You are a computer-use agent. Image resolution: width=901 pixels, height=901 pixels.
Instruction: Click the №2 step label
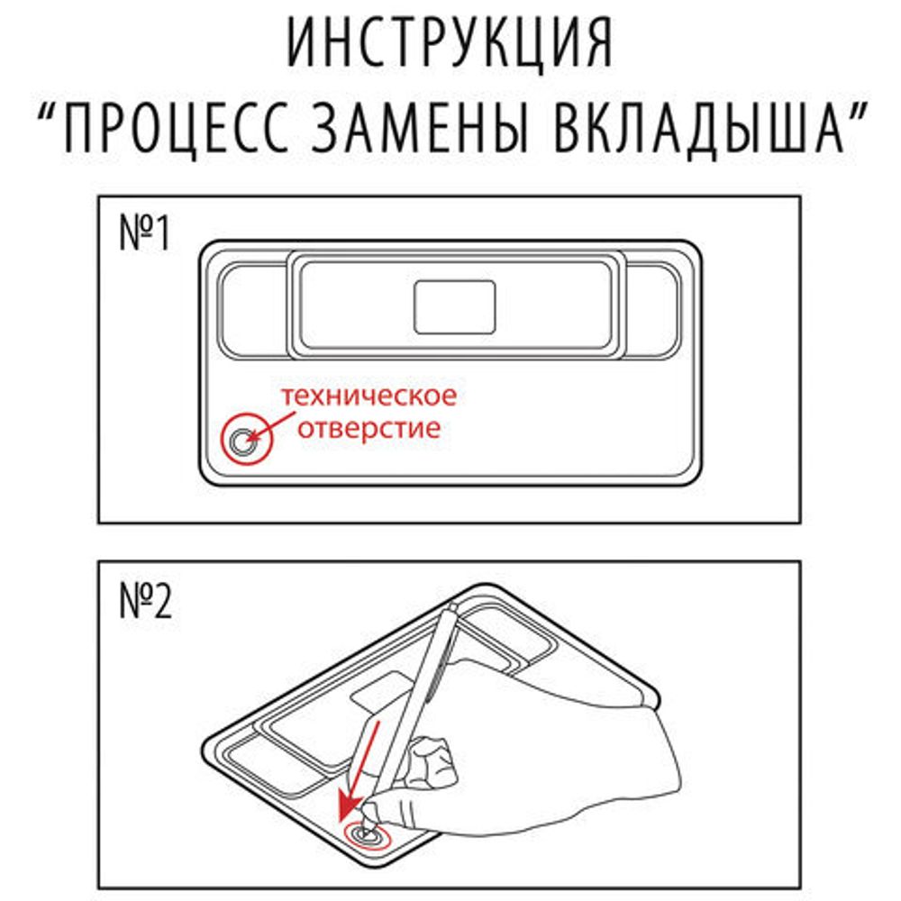pos(145,603)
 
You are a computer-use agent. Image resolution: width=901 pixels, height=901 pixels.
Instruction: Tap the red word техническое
pos(368,396)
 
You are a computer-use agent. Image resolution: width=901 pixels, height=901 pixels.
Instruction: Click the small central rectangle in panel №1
pos(454,306)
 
